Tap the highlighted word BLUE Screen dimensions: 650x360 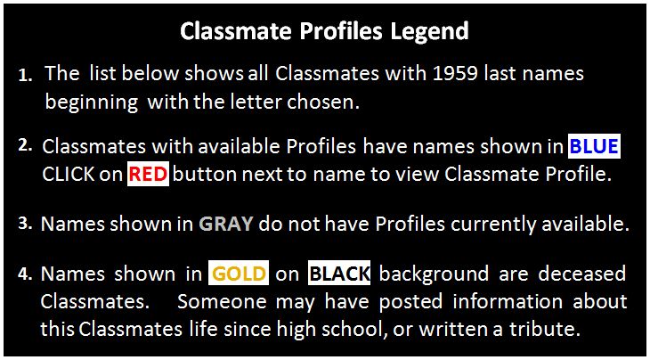tap(594, 147)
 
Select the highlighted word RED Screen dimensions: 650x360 tap(148, 175)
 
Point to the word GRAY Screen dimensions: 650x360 tap(226, 225)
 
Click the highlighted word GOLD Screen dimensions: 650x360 tap(239, 274)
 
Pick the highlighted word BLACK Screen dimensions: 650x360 tap(339, 274)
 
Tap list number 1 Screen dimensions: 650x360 tap(26, 78)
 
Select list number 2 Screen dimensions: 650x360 tap(26, 146)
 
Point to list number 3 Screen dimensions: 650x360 tap(26, 223)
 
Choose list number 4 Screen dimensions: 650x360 tap(26, 274)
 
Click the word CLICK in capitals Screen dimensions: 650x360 tap(69, 175)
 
